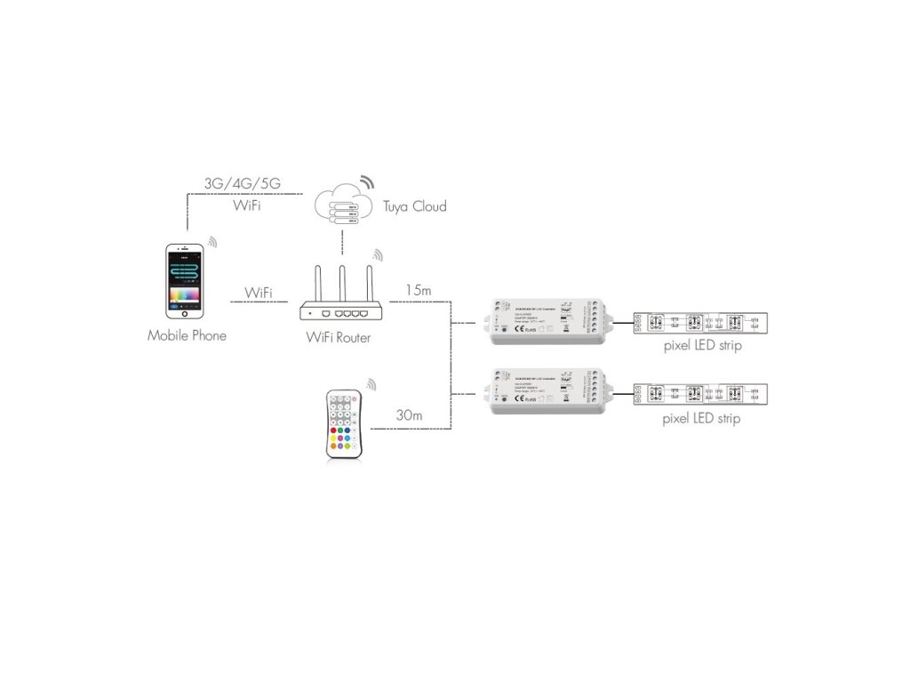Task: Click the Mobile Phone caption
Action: tap(187, 335)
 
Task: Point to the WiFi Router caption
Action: tap(339, 338)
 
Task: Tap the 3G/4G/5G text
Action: tap(242, 183)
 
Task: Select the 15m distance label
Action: tap(419, 290)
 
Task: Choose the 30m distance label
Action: tap(409, 416)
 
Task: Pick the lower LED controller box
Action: tap(545, 392)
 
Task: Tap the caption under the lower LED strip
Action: tap(702, 418)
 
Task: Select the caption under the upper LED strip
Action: tap(702, 346)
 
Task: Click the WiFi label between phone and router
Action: tap(259, 293)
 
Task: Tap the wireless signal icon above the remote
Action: tap(371, 385)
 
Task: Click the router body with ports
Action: tap(341, 312)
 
